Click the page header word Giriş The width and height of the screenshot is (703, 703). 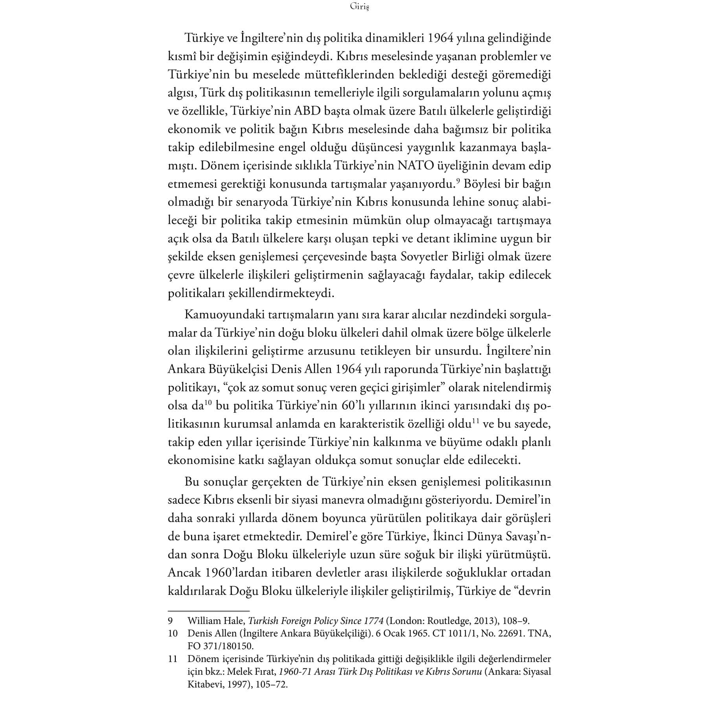pyautogui.click(x=359, y=7)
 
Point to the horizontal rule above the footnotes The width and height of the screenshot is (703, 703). pyautogui.click(x=209, y=611)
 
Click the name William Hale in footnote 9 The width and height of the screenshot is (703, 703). pyautogui.click(x=213, y=621)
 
